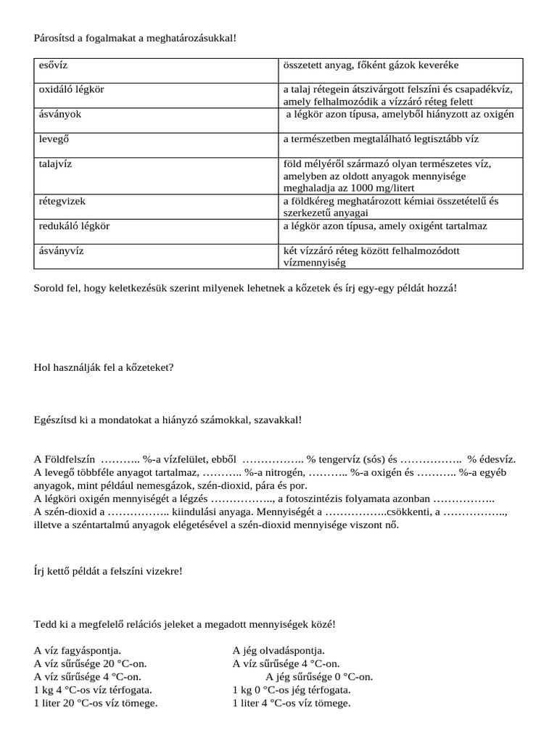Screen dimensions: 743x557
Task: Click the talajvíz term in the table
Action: click(55, 164)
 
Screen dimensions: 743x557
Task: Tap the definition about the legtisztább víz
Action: click(381, 138)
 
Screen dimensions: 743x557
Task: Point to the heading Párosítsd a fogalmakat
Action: click(135, 37)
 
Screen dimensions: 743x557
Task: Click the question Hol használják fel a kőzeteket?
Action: click(104, 367)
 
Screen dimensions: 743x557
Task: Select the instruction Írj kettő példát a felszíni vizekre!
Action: click(108, 570)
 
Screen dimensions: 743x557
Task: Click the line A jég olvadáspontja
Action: click(278, 651)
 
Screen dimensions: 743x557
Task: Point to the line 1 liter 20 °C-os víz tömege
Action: click(96, 703)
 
